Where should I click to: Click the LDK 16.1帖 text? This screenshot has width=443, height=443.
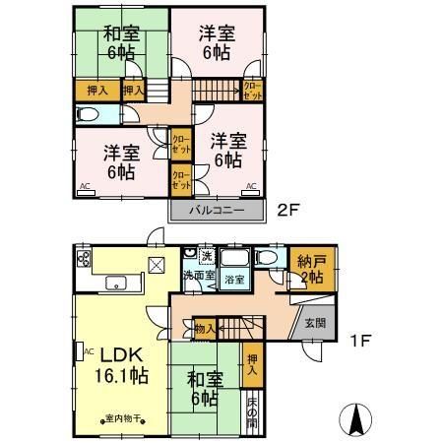122,364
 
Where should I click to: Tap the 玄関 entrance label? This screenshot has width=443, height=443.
314,323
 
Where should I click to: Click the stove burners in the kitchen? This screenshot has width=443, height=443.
83,262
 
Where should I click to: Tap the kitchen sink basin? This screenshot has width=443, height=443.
121,285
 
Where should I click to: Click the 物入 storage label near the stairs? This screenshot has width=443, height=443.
205,328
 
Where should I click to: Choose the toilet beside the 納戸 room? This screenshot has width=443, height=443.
265,259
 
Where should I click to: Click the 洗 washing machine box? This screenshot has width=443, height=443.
206,257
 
